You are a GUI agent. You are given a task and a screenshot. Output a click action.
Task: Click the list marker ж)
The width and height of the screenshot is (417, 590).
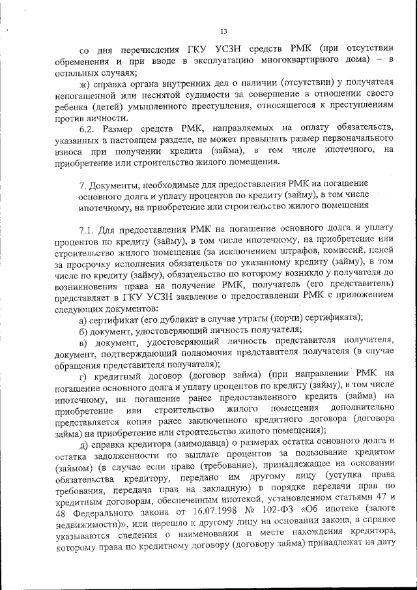(x=83, y=83)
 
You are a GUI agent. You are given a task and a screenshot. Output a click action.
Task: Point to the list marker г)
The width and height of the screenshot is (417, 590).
(x=83, y=374)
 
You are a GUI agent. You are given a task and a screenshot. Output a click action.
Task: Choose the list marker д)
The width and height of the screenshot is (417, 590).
(x=83, y=445)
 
